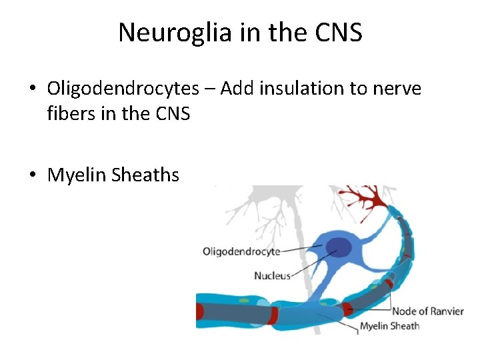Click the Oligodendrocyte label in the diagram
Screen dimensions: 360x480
241,251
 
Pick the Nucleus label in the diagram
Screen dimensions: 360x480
273,275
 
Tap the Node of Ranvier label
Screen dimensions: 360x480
427,311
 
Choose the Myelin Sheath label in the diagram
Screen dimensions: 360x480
389,326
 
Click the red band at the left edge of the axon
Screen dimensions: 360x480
199,312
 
